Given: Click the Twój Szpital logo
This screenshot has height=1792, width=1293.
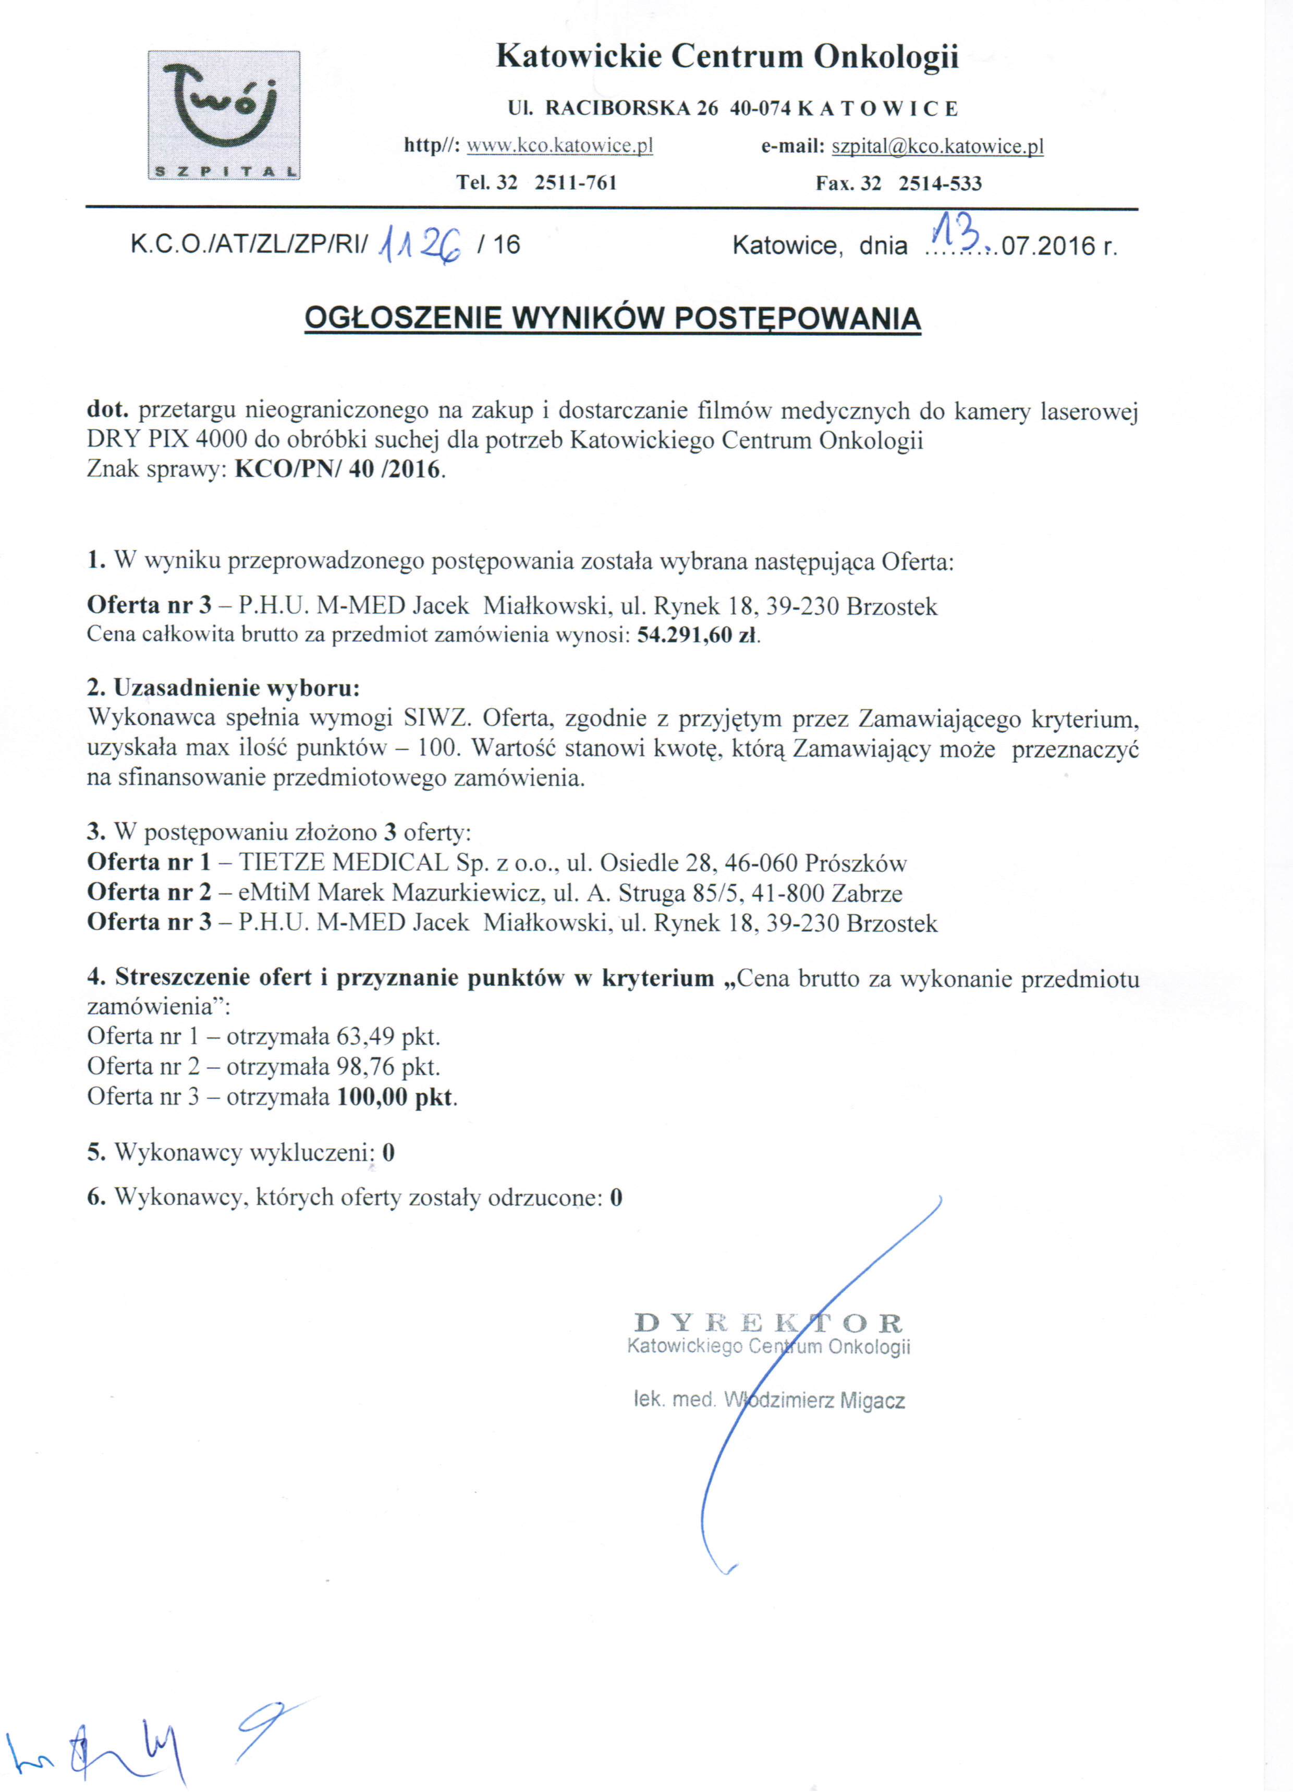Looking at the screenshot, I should [x=224, y=115].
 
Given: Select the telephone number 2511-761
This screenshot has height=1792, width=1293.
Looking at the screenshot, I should [x=576, y=184].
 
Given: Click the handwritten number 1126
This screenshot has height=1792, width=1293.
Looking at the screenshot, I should [x=420, y=244].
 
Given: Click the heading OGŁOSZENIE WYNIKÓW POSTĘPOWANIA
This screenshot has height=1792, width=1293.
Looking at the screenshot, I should [x=613, y=319].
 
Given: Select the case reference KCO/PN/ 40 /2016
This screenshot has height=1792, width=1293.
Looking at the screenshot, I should [x=337, y=469].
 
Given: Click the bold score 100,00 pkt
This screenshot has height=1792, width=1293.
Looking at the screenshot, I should [x=395, y=1096].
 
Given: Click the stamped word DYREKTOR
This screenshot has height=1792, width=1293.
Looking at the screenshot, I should [x=768, y=1323].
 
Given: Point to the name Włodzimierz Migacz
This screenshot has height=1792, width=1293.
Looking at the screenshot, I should [x=814, y=1401].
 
